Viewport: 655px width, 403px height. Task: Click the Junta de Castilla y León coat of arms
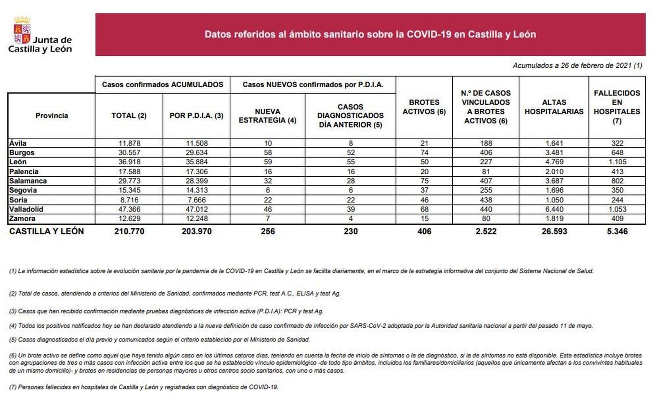tap(22, 30)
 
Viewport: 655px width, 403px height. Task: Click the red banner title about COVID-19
tap(370, 34)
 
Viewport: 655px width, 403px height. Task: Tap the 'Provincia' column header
tap(52, 116)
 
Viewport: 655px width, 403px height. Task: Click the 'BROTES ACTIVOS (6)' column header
tap(424, 107)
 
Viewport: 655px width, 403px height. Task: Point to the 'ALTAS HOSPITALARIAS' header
tap(554, 107)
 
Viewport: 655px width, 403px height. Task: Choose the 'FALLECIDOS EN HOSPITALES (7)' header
tap(617, 107)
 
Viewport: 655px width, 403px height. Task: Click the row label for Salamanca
tap(28, 181)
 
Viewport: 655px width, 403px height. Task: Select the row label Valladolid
tap(26, 209)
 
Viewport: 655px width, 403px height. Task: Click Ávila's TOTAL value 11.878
tap(129, 143)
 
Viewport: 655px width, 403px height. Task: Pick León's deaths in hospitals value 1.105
tap(617, 162)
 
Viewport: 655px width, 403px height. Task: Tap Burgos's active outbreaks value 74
tap(424, 153)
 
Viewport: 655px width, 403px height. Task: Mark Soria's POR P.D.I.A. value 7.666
tap(196, 200)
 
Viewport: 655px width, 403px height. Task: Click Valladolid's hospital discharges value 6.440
tap(554, 209)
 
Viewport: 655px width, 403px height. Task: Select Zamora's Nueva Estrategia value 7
tap(268, 219)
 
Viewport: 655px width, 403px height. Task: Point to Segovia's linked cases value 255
tap(486, 190)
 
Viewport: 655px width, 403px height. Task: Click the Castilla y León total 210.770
tap(129, 231)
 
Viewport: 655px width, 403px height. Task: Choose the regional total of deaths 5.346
tap(617, 231)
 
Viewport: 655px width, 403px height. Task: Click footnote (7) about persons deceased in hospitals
tap(143, 387)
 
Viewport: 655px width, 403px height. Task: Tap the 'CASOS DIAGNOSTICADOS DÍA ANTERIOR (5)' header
tap(350, 116)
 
